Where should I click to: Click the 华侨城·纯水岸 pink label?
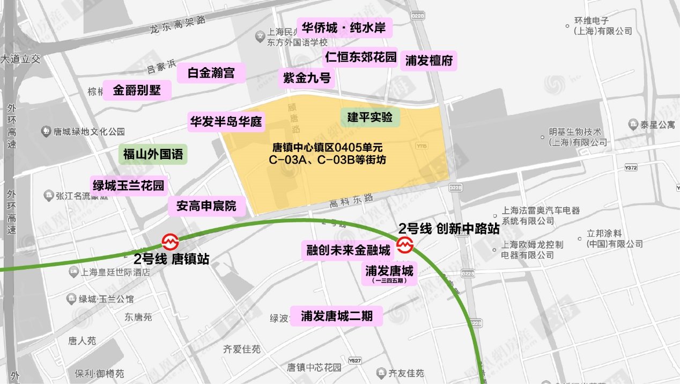click(x=346, y=28)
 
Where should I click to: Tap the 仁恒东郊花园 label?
click(x=360, y=56)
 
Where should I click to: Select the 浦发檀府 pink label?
click(x=429, y=61)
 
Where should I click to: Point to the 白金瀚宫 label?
click(x=211, y=73)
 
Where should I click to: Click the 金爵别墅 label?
click(x=137, y=90)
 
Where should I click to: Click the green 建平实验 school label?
click(x=370, y=117)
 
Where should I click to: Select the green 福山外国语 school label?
click(x=153, y=155)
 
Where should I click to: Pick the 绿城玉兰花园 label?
click(x=129, y=186)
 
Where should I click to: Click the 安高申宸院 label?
click(x=206, y=206)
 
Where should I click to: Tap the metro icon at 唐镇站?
click(x=171, y=242)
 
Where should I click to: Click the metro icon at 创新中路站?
click(x=404, y=245)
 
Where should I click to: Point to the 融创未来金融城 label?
click(x=349, y=250)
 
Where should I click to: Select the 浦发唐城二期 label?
click(x=336, y=315)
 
